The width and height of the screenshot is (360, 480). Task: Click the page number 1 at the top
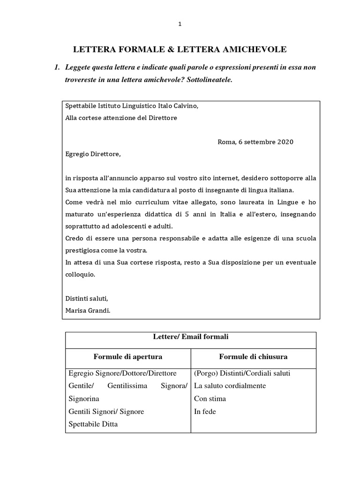point(180,24)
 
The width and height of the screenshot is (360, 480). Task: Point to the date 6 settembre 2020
point(264,142)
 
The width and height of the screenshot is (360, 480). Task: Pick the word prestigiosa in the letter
point(83,250)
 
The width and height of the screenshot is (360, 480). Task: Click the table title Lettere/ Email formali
point(190,337)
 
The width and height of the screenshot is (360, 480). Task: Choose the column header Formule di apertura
point(128,357)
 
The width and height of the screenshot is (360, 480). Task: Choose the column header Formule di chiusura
point(253,357)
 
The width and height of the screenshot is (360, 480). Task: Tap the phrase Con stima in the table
point(210,399)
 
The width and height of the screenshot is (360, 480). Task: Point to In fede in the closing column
point(205,412)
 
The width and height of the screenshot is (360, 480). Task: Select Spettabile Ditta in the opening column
point(93,424)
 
